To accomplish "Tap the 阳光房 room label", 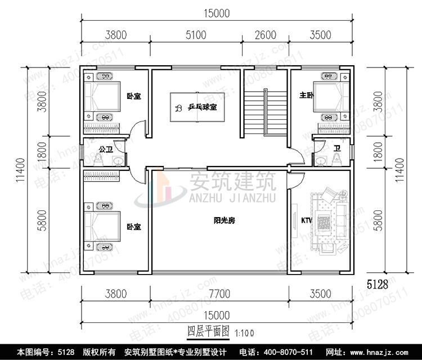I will (x=224, y=221).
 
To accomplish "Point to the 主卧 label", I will (x=306, y=96).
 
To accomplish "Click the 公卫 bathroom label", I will (x=106, y=150).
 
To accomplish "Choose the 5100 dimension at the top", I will (x=195, y=35).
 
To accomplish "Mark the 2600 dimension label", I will (x=265, y=35).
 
